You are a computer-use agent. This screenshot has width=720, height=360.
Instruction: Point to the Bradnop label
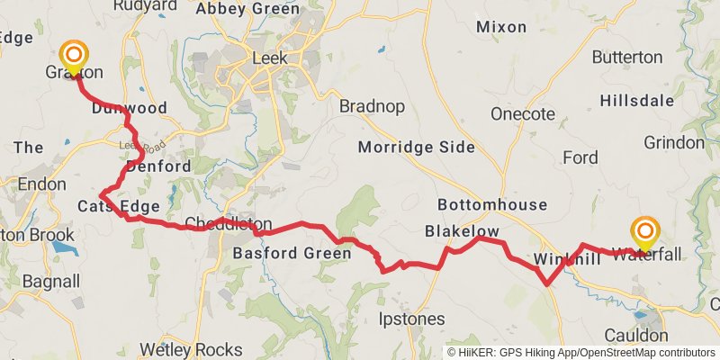point(372,106)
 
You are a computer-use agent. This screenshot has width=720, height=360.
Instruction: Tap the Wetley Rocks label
point(191,349)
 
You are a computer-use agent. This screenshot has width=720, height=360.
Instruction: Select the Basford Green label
point(292,254)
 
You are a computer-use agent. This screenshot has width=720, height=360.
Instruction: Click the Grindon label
point(673,142)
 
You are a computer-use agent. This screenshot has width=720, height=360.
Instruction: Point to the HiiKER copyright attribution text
point(581,352)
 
